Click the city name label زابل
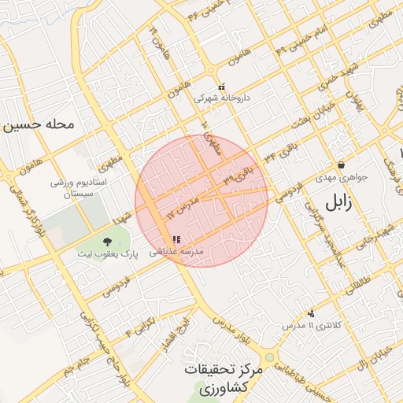pos(335,203)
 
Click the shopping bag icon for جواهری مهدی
pos(342,165)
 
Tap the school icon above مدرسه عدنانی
pos(176,239)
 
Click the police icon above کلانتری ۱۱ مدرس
pos(312,312)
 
